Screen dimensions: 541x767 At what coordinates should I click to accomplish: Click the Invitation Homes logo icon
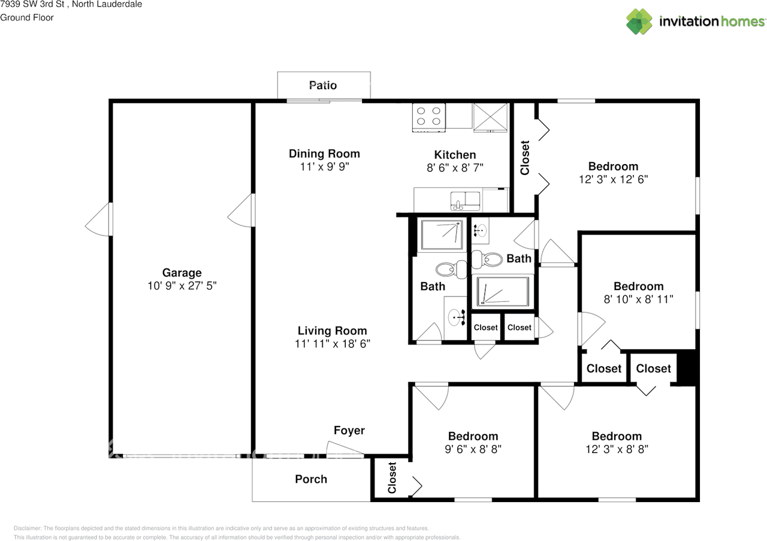[639, 22]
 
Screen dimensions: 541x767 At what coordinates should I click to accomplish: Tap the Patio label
[323, 85]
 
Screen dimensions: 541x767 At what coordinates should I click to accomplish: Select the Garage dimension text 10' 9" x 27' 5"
[182, 286]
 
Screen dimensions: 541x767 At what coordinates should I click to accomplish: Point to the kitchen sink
[464, 201]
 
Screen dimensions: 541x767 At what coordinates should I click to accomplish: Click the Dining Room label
[324, 154]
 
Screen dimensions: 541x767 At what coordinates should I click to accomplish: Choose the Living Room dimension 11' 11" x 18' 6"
[333, 344]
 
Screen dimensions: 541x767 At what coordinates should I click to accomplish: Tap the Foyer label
[349, 430]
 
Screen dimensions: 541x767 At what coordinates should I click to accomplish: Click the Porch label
[311, 479]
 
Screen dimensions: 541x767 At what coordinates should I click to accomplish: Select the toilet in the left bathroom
[449, 269]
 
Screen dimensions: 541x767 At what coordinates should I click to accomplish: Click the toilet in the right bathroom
[487, 259]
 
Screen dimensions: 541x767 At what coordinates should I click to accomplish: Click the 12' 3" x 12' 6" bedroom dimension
[612, 179]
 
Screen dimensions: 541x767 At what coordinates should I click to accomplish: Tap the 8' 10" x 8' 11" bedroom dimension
[638, 299]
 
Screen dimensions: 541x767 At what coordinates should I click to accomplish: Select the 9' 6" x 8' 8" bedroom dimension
[473, 449]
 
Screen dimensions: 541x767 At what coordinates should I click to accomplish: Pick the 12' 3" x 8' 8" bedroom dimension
[617, 449]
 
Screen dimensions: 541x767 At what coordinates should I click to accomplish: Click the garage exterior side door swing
[99, 219]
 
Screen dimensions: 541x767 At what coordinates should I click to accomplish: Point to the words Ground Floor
[27, 17]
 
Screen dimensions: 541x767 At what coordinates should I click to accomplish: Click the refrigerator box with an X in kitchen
[490, 116]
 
